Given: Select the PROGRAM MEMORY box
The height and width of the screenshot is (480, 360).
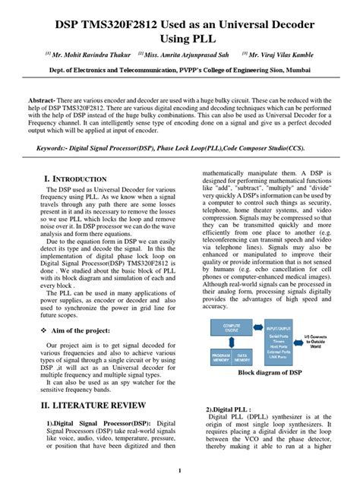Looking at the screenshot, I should click(x=220, y=357).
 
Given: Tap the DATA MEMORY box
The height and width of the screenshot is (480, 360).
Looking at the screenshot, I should click(x=243, y=357).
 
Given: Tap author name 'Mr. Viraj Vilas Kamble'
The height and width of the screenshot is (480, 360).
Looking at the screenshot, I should click(x=292, y=55).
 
